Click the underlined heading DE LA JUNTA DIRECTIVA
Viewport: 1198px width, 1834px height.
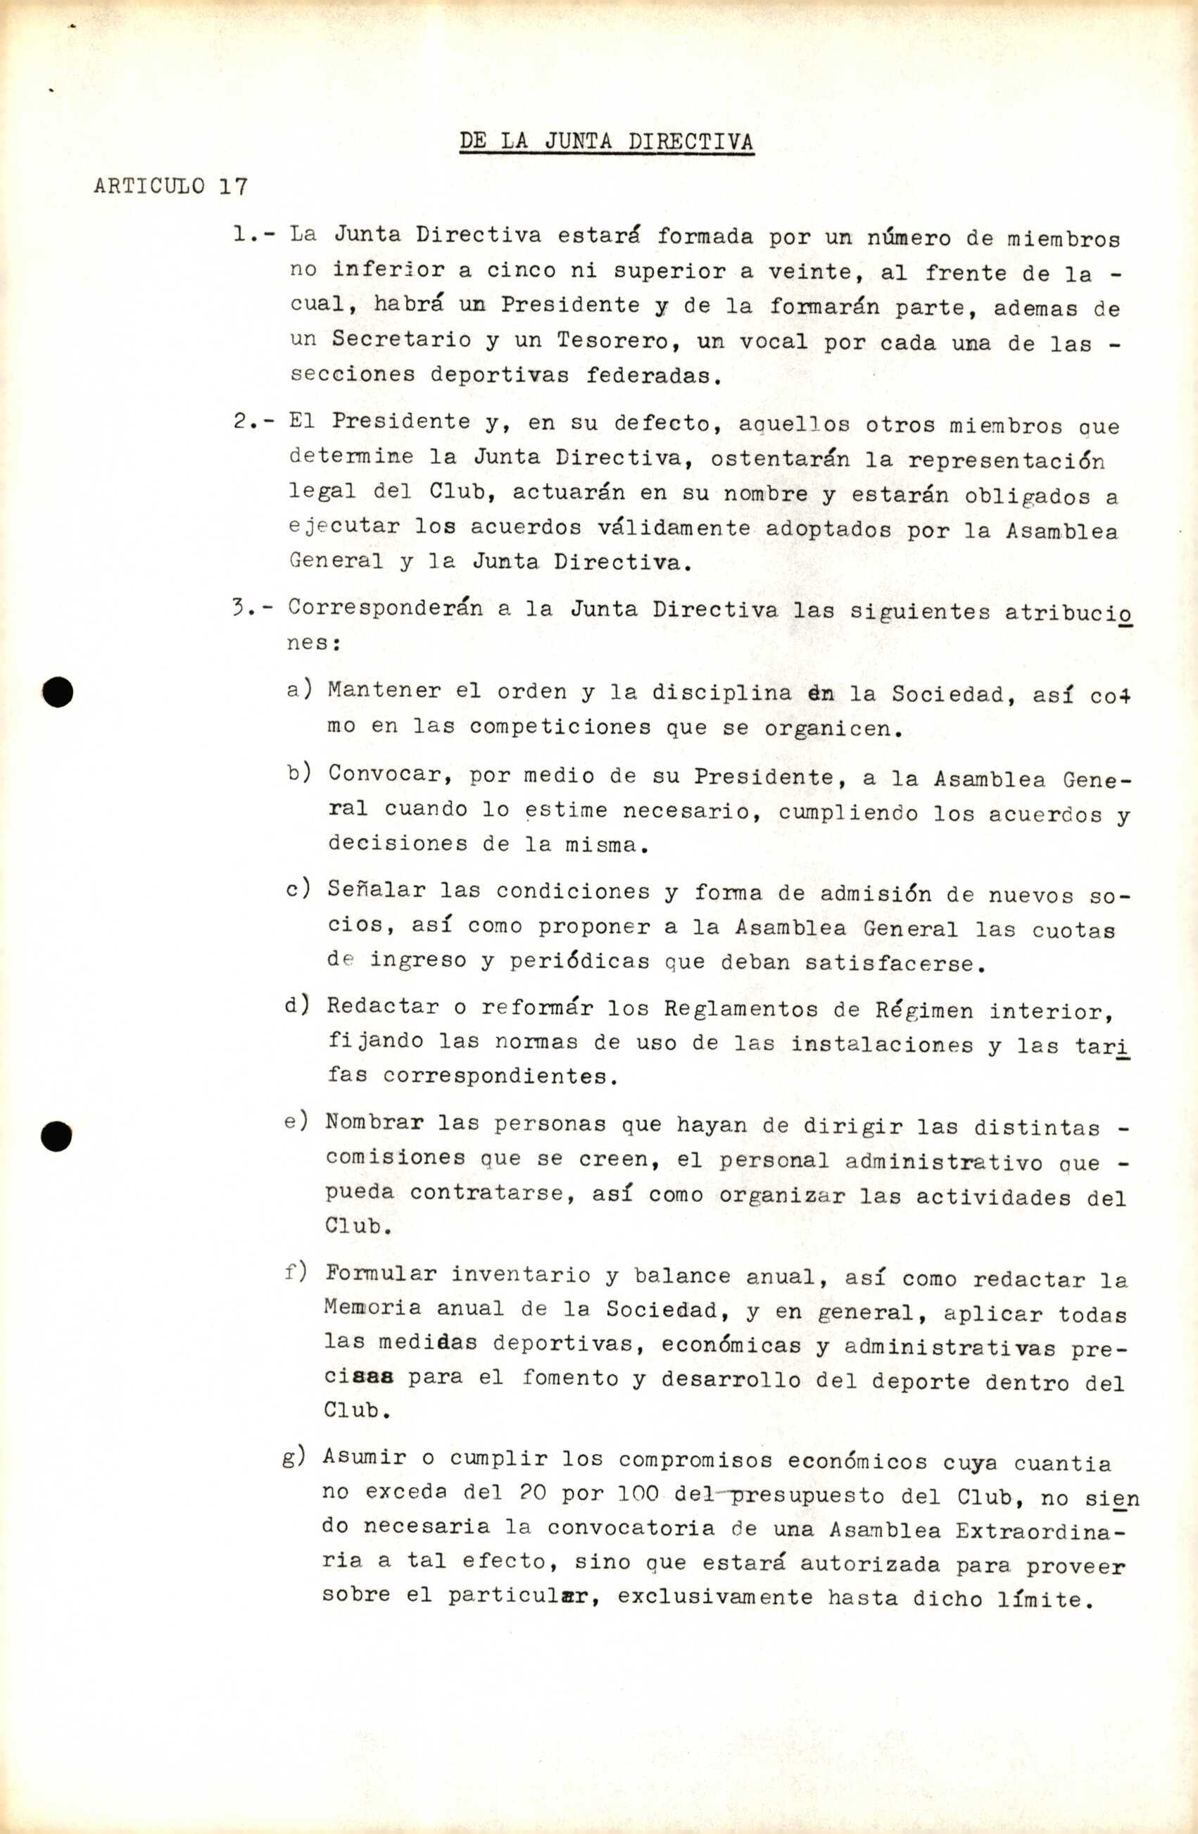pyautogui.click(x=606, y=142)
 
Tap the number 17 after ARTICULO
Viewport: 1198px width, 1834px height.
pyautogui.click(x=233, y=187)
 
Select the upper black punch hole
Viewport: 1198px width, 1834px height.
pyautogui.click(x=58, y=691)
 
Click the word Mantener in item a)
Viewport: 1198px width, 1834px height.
pyautogui.click(x=384, y=690)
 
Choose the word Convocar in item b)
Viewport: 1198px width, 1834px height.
pyautogui.click(x=389, y=774)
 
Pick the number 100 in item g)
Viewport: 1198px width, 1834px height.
pyautogui.click(x=638, y=1493)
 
